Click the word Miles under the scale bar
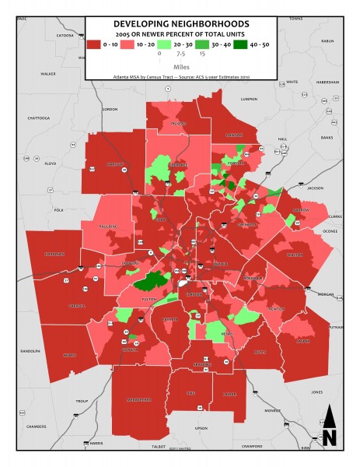[180, 67]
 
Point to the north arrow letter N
[329, 437]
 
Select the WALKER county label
[48, 74]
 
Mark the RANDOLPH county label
[30, 350]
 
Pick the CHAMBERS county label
[37, 427]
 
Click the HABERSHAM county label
[328, 82]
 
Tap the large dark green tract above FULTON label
[154, 281]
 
